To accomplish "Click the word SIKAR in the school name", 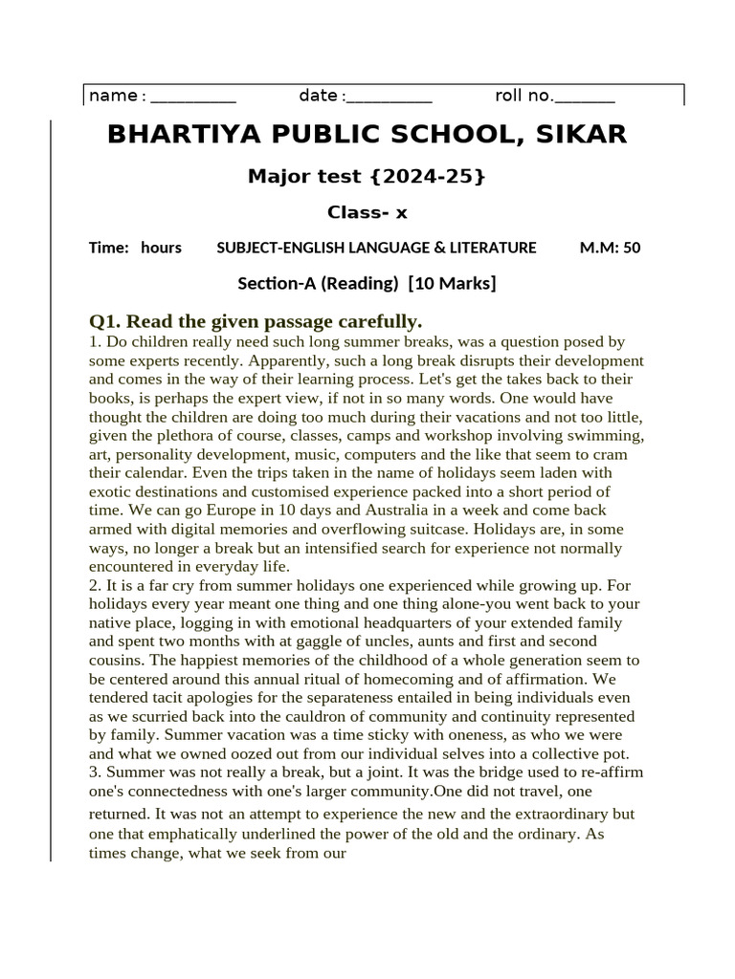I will [x=576, y=135].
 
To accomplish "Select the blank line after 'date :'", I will [x=390, y=97].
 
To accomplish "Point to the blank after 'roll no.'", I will [x=585, y=97].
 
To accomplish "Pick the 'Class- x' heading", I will [x=367, y=212].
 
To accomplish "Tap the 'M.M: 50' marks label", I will [x=610, y=248].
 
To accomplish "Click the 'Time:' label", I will [x=108, y=248].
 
